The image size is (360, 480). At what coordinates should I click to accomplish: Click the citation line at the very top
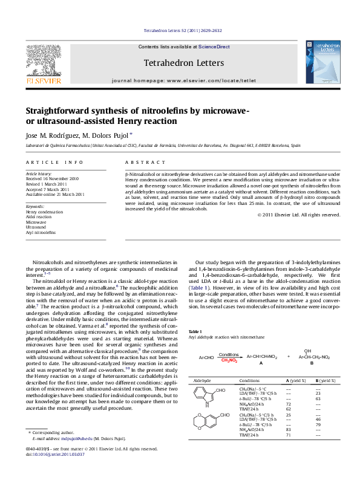pyautogui.click(x=180, y=30)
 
